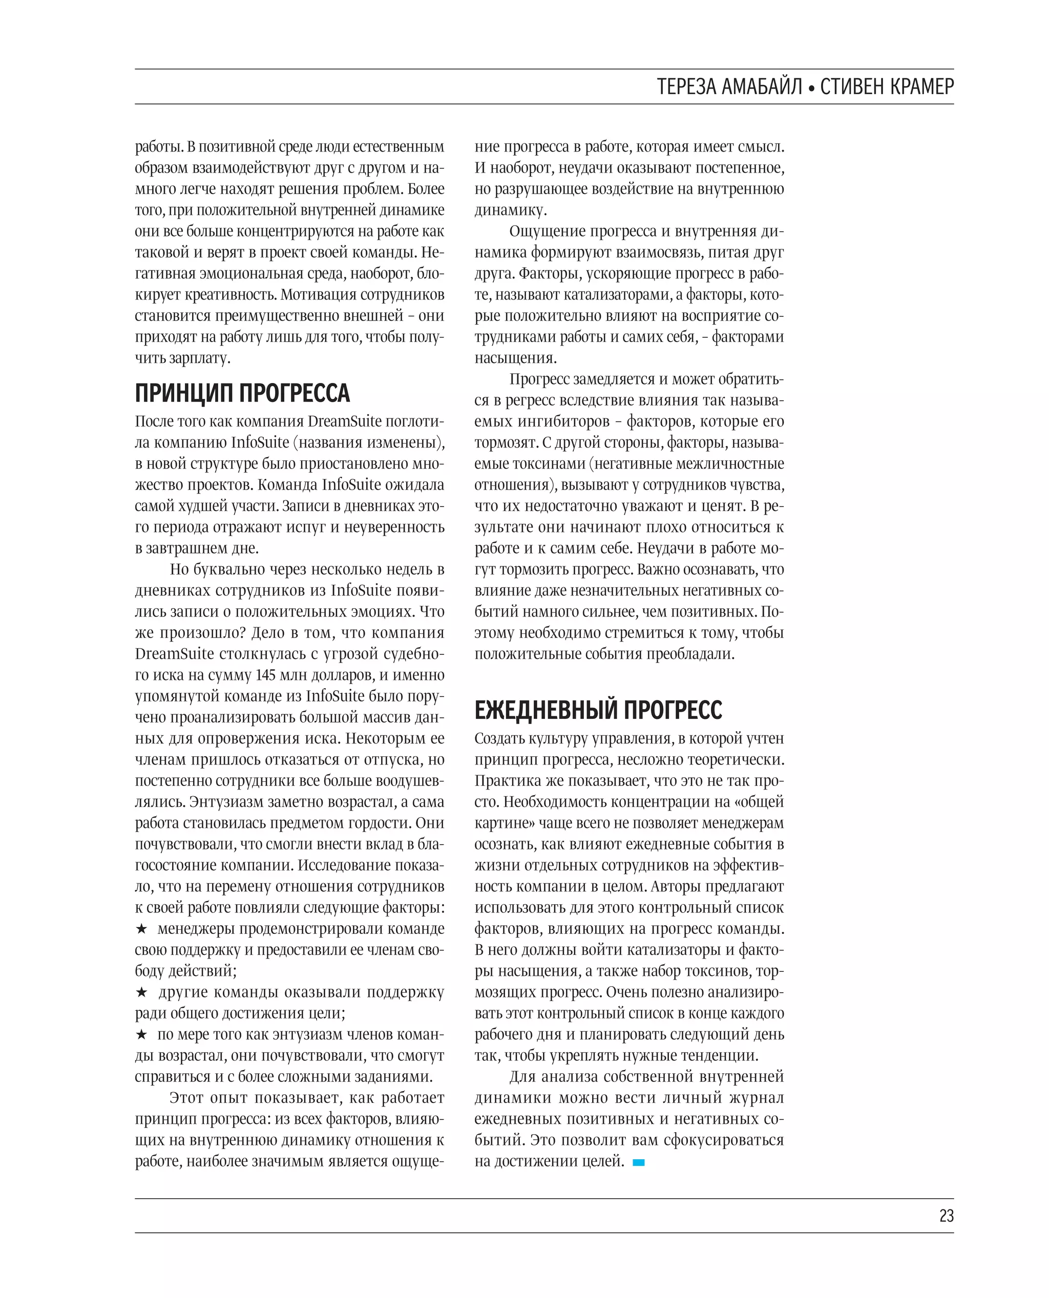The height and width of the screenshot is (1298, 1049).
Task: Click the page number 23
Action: coord(946,1215)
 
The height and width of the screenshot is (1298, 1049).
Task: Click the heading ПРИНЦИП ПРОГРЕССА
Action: coord(242,393)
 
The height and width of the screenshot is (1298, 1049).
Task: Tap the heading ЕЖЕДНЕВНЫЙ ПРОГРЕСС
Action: coord(598,710)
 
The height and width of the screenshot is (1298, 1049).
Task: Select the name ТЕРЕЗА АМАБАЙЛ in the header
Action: coord(729,87)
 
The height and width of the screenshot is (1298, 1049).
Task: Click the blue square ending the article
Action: coord(638,1162)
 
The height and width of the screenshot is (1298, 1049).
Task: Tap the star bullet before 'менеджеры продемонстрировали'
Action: coord(141,929)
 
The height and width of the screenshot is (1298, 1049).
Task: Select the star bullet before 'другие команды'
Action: coord(141,992)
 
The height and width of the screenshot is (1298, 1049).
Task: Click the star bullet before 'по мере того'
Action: coord(141,1035)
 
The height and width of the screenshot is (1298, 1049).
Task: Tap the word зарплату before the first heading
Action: coord(199,358)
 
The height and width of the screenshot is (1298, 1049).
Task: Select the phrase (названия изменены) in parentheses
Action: coord(369,443)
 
